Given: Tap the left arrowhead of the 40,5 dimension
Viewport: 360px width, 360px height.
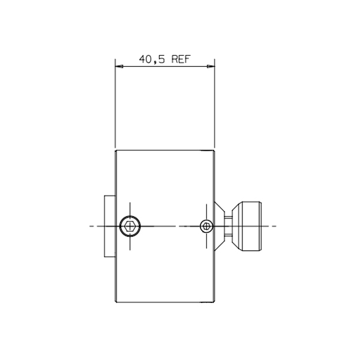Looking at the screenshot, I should (119, 66).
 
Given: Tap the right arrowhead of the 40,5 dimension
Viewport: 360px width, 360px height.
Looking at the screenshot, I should (211, 66).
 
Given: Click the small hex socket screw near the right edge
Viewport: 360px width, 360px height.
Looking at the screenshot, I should (206, 226).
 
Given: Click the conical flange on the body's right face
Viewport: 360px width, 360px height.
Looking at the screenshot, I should (220, 226).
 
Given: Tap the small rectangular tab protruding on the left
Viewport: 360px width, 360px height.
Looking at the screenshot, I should (109, 226).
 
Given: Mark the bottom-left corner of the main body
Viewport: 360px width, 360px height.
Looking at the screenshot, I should (115, 302).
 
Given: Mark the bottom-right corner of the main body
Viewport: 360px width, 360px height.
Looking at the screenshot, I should (214, 302).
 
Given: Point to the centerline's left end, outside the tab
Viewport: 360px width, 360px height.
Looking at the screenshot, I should (90, 226).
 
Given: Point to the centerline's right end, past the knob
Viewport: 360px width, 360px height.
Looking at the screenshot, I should (275, 226).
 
